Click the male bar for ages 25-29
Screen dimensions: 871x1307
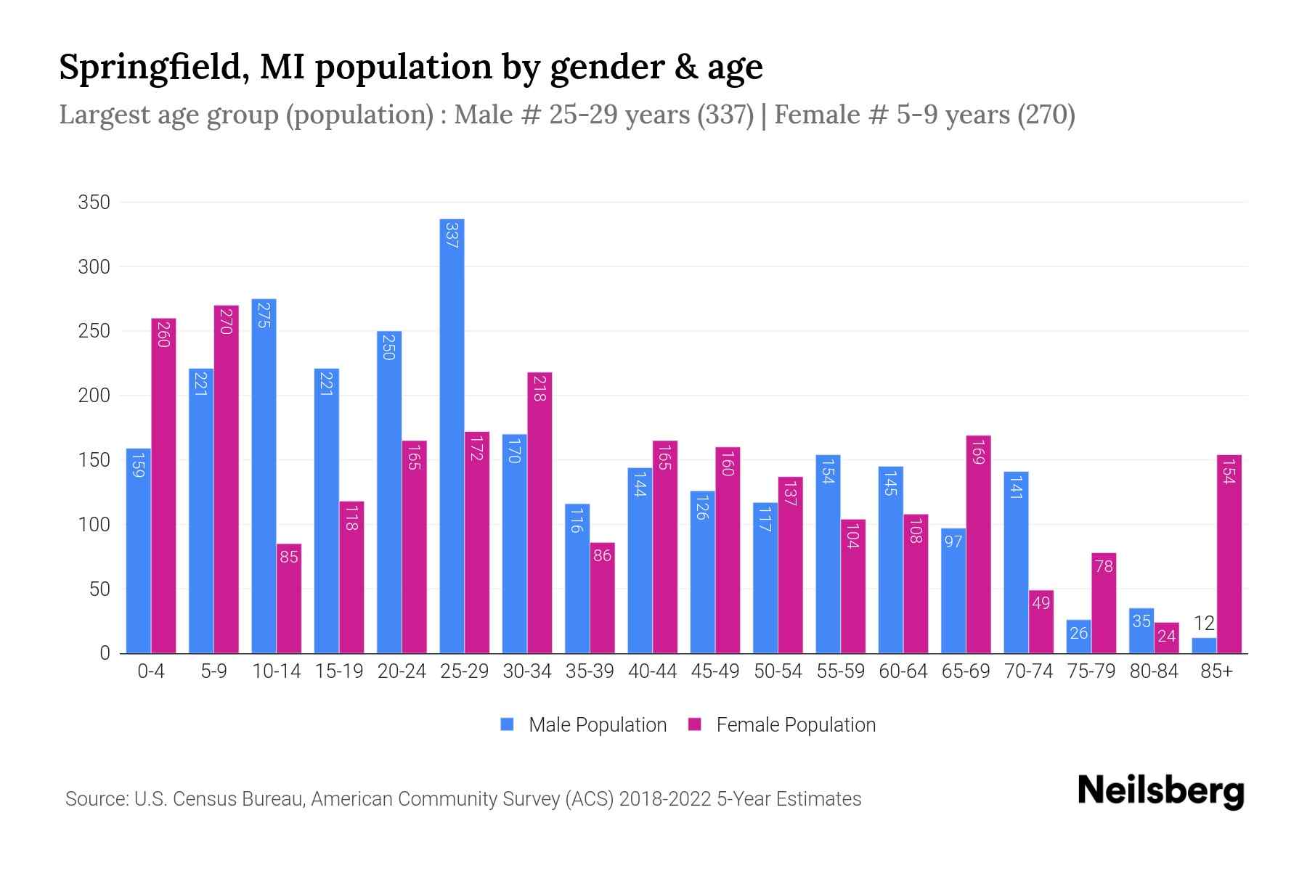click(452, 435)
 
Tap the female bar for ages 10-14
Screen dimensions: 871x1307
click(289, 599)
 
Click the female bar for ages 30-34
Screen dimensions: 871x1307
click(540, 512)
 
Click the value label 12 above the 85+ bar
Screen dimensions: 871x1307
click(1204, 623)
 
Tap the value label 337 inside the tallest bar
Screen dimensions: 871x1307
click(452, 235)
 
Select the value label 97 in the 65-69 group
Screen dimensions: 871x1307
click(953, 541)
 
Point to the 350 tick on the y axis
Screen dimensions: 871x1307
click(94, 203)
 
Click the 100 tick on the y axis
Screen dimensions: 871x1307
click(94, 524)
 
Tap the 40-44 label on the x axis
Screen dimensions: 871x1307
click(652, 671)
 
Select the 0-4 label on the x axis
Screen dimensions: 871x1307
click(151, 671)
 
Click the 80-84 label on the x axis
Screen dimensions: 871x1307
click(1153, 671)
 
